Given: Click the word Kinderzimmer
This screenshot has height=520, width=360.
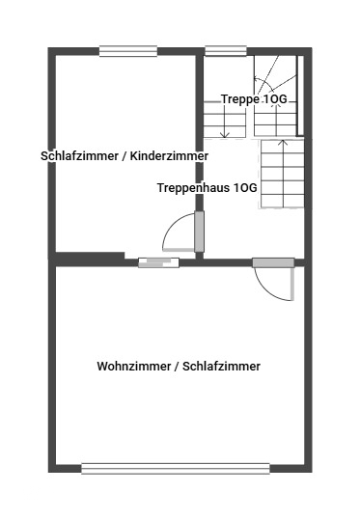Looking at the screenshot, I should click(x=170, y=155).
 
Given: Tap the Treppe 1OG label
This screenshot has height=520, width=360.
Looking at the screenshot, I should click(x=255, y=99).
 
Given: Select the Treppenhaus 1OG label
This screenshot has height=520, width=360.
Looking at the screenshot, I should click(x=207, y=189).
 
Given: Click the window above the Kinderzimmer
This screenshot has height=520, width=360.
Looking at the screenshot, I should click(x=127, y=52).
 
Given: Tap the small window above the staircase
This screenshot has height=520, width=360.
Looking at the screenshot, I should click(x=225, y=52).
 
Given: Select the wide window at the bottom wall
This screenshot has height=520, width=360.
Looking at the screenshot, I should click(x=175, y=469).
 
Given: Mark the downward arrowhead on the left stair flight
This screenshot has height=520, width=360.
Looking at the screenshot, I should click(x=225, y=134).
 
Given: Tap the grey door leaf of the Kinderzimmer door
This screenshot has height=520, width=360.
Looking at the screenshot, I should click(x=200, y=232).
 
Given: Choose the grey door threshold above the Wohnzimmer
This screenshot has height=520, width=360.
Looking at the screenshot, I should click(x=273, y=261).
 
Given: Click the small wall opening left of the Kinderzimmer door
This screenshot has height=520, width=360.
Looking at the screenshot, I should click(x=156, y=261).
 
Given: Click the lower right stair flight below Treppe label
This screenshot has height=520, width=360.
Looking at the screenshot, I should click(x=281, y=175).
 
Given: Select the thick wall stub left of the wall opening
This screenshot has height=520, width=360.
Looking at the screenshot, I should click(x=90, y=258).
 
